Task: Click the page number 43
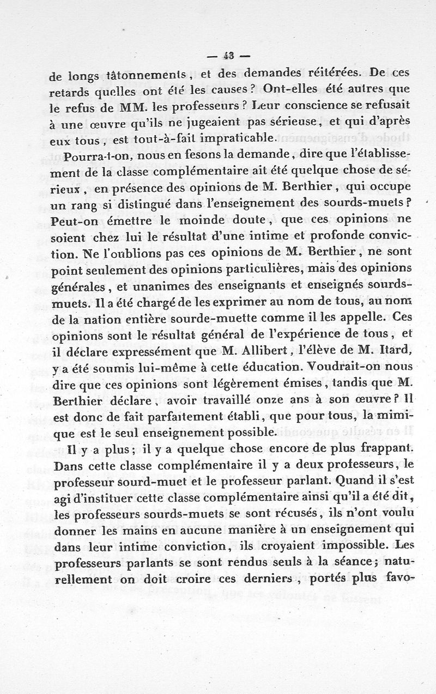pos(228,55)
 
